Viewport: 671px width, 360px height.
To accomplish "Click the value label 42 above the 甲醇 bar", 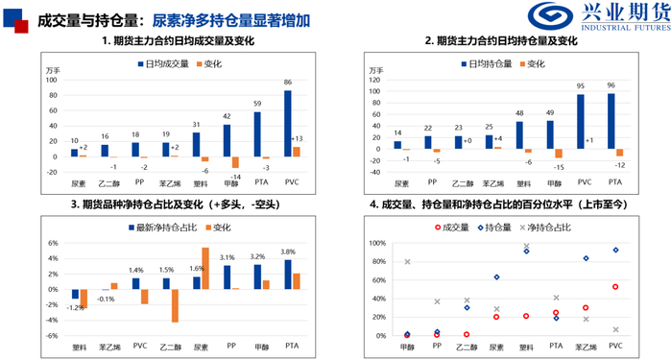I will [228, 115].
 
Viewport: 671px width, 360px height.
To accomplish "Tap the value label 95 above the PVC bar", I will [581, 84].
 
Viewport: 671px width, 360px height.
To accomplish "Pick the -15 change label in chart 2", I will [559, 167].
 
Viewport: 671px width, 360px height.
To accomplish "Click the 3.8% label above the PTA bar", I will [288, 251].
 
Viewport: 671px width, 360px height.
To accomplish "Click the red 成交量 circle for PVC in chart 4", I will [615, 286].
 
